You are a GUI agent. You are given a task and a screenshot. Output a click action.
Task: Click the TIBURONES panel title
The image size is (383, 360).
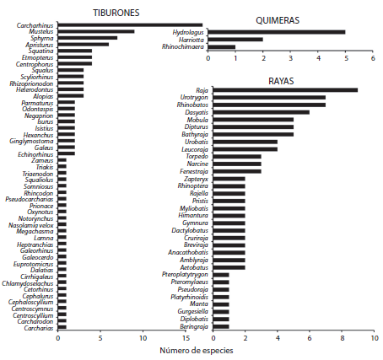(116, 13)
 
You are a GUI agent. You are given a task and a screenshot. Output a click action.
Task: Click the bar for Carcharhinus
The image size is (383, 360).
(130, 25)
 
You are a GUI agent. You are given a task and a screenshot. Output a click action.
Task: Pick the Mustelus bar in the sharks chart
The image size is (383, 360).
(96, 32)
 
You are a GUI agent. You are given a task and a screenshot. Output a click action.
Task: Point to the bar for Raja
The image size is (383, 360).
(285, 89)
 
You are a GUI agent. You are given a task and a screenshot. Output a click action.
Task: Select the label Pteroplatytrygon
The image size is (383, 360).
(184, 274)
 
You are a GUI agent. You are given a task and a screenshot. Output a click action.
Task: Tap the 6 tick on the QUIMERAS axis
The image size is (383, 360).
(372, 59)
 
